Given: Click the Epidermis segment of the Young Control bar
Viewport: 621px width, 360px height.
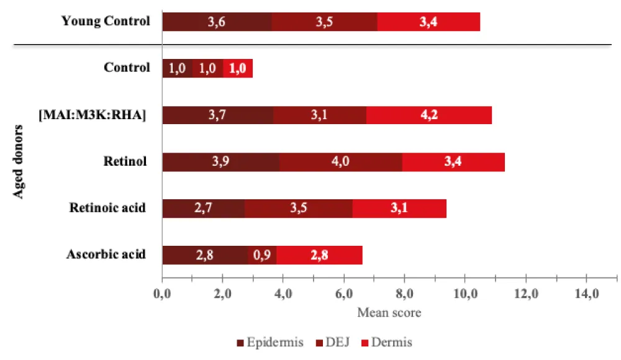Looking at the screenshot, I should [x=217, y=22].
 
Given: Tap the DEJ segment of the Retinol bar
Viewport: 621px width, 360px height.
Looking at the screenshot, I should [x=340, y=161].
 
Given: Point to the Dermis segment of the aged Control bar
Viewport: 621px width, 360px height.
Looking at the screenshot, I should [x=238, y=68].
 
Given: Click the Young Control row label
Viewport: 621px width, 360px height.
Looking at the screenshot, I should [x=106, y=21].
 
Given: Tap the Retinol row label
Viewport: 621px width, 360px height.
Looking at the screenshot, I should [x=125, y=161].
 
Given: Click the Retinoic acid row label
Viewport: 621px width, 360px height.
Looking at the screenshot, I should [x=107, y=207].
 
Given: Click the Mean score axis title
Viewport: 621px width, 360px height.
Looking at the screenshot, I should [x=389, y=312].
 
